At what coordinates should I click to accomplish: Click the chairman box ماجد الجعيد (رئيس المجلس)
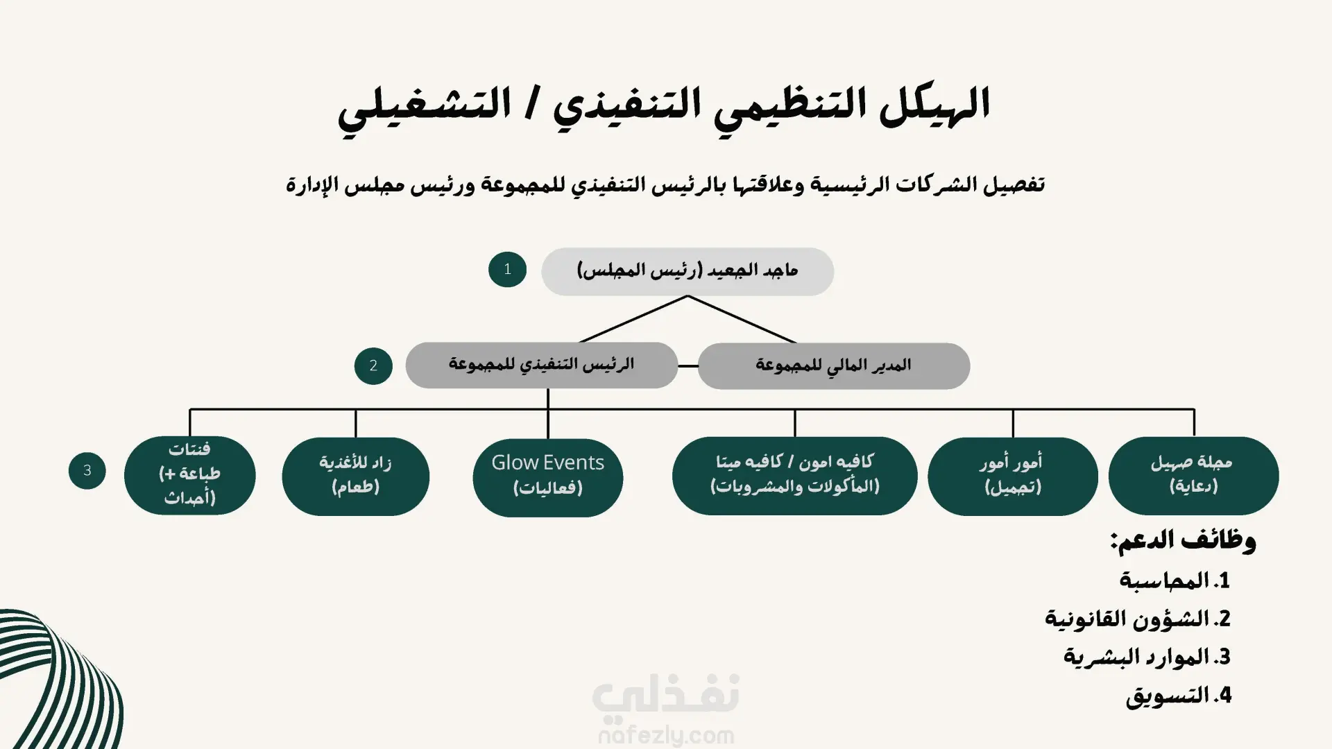coord(687,271)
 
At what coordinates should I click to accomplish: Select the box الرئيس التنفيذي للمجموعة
coord(541,365)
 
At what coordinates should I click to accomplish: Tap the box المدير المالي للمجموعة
coord(833,365)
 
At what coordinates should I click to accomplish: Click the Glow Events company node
coord(547,476)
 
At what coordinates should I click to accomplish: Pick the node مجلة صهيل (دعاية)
coord(1193,475)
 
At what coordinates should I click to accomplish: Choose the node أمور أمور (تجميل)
coord(1012,476)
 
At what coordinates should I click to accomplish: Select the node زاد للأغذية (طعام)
coord(355,476)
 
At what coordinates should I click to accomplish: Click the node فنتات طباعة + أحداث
coord(189,475)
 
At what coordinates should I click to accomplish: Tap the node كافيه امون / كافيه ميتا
coord(794,475)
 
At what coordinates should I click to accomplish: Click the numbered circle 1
coord(507,269)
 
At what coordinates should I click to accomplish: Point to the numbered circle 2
coord(373,365)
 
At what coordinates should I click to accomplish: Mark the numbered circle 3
coord(87,470)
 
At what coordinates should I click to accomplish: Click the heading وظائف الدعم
coord(1183,540)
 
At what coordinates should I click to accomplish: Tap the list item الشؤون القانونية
coord(1138,618)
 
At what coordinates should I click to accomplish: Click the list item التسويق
coord(1178,695)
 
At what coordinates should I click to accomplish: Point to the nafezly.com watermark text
coord(665,734)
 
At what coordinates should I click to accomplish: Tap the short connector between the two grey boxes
coord(688,365)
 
